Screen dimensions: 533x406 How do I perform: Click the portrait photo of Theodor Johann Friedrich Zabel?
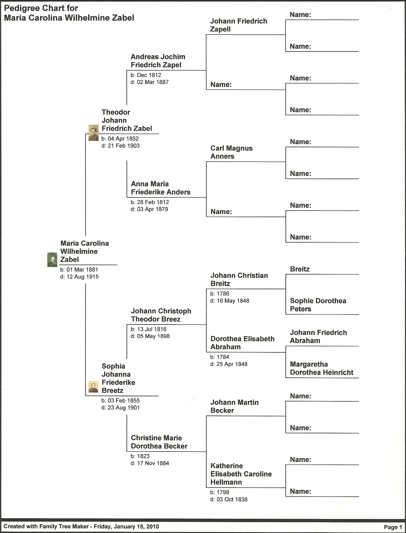pyautogui.click(x=93, y=133)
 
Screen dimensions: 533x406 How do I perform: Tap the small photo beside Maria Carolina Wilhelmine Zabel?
pyautogui.click(x=52, y=260)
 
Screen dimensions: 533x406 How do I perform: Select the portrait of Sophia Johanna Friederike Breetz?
pyautogui.click(x=93, y=387)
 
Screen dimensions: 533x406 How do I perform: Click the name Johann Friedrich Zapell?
pyautogui.click(x=239, y=25)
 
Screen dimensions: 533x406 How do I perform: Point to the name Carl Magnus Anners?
pyautogui.click(x=231, y=152)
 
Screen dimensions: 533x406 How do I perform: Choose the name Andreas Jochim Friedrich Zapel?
pyautogui.click(x=158, y=61)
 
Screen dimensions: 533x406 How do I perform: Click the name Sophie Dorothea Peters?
pyautogui.click(x=318, y=305)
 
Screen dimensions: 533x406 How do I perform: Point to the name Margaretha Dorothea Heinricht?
pyautogui.click(x=322, y=368)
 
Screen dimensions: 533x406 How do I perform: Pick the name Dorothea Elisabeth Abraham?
pyautogui.click(x=242, y=343)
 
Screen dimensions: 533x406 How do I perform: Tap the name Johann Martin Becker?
pyautogui.click(x=234, y=406)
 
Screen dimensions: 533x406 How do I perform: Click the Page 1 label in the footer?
pyautogui.click(x=393, y=527)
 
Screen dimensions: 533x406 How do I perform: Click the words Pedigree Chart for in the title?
pyautogui.click(x=41, y=8)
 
